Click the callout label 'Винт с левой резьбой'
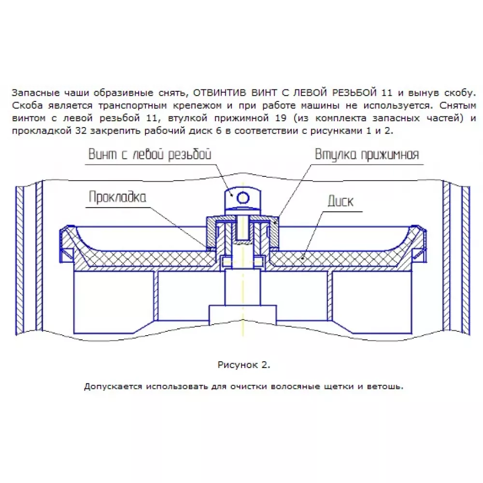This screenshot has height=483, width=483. click(x=150, y=155)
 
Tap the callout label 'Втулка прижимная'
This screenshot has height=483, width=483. click(x=367, y=155)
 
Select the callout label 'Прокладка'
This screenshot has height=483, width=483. click(x=117, y=197)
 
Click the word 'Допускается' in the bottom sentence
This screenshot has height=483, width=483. click(x=108, y=387)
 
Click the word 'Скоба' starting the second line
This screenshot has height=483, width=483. click(x=24, y=105)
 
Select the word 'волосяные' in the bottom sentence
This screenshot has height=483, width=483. click(x=295, y=387)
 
